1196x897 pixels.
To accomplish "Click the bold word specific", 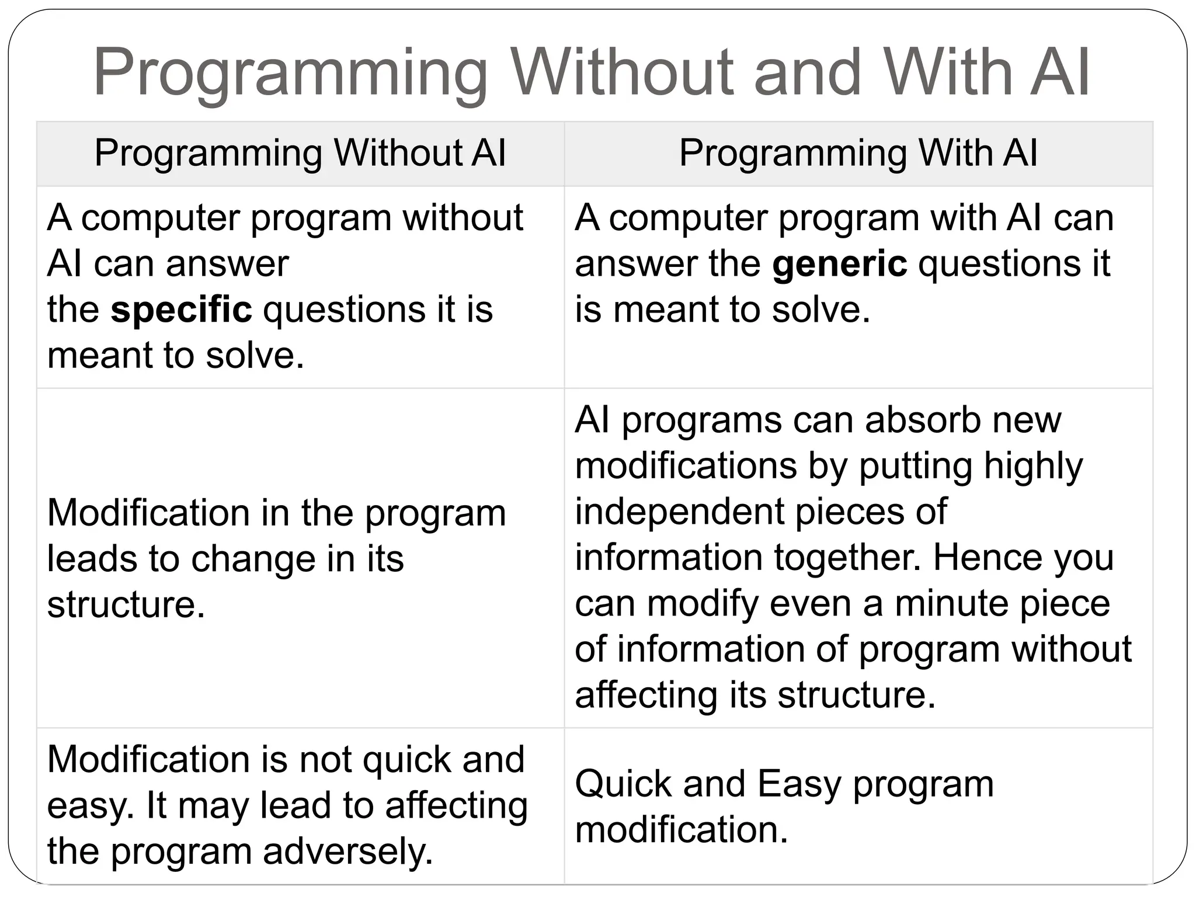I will (x=181, y=310).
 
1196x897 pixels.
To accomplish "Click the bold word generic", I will (x=839, y=264).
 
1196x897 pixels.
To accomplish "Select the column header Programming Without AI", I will (x=300, y=154).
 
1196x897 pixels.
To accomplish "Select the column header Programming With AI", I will (x=858, y=154).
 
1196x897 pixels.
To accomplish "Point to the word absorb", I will (x=922, y=420).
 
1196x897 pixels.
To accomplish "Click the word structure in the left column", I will (x=126, y=604).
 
